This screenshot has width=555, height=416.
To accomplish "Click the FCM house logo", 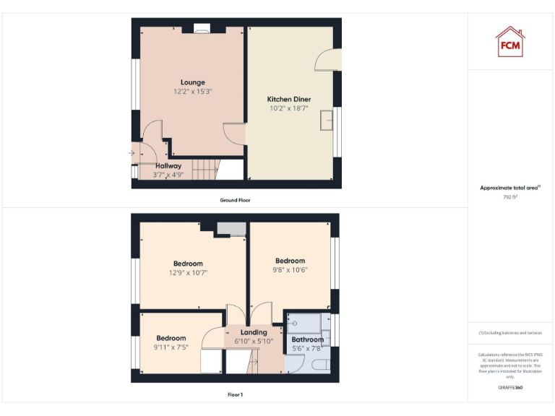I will [x=510, y=41].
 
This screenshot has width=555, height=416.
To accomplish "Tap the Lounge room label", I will [x=192, y=82].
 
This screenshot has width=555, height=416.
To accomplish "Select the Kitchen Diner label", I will [x=289, y=99].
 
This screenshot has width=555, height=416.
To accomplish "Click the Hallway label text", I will [x=168, y=165].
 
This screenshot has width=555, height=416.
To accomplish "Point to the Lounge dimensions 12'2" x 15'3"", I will [x=192, y=92].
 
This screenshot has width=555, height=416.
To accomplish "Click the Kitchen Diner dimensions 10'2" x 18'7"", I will [x=289, y=108].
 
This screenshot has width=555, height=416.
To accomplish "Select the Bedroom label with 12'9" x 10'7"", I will [x=188, y=264].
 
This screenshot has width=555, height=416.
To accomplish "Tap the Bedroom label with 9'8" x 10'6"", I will [x=290, y=261].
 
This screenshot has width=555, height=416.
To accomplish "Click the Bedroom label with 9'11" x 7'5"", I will [x=171, y=338].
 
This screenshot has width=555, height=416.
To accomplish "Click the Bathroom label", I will [x=307, y=339].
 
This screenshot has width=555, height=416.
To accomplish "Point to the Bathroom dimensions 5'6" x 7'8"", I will [x=307, y=348].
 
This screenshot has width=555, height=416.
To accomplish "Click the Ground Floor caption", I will [x=235, y=200].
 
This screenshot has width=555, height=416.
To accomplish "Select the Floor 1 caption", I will [x=235, y=395].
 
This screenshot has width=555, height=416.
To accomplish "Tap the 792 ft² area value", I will [x=510, y=196].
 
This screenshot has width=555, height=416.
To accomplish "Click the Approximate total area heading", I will [x=509, y=188].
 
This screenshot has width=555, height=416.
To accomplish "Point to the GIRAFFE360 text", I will [x=510, y=388].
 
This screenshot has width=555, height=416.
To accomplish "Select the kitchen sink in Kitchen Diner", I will [x=327, y=119].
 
